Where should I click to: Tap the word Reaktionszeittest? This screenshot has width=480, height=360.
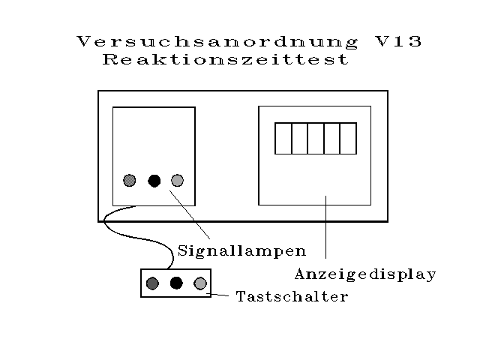pos(226,60)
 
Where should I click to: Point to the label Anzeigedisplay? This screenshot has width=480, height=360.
pos(365,274)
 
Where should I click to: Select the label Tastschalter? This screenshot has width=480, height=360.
pos(292,296)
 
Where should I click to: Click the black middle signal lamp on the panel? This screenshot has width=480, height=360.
pos(154,181)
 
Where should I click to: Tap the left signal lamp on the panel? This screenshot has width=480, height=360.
pos(130,181)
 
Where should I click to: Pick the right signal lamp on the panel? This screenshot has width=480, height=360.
pos(178,181)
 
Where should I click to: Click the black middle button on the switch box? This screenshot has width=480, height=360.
pos(176,283)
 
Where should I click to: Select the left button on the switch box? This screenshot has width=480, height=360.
pos(152,283)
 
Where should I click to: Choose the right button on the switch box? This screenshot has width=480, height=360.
pos(200,283)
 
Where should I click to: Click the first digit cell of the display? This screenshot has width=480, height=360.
pos(283,138)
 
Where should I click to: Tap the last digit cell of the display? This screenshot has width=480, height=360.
pos(349,138)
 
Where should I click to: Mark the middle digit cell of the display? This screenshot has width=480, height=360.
pos(316,138)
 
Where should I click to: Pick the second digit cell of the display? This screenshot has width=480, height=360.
pos(299,138)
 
